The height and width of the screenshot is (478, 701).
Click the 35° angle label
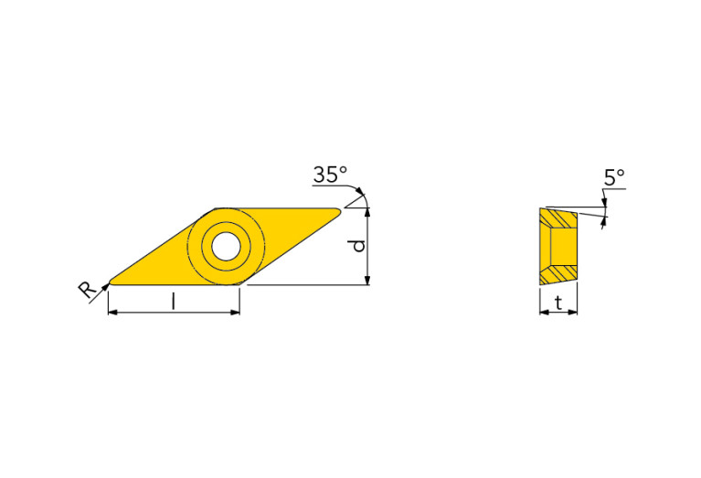[330, 175]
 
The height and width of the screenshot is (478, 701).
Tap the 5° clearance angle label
[614, 176]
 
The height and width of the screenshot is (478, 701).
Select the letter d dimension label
[359, 245]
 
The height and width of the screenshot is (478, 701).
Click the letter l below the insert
[174, 302]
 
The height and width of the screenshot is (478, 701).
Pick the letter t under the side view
[558, 303]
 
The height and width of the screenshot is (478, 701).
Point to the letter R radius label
[87, 291]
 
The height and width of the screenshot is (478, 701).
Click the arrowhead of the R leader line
[105, 286]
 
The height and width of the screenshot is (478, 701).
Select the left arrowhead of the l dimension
[112, 313]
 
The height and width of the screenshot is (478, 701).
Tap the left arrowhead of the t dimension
[543, 313]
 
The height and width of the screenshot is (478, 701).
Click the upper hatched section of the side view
[558, 219]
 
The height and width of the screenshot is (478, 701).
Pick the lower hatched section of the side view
[558, 272]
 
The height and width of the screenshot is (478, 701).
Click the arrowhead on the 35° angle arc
[363, 198]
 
